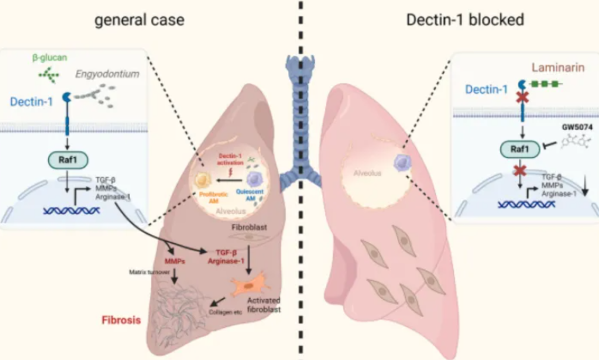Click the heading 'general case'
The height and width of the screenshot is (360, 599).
pos(140,20)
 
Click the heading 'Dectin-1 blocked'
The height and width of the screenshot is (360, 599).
pos(466,20)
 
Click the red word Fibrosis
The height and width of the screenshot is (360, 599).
pos(121,320)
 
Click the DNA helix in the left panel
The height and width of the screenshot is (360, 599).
pos(71,210)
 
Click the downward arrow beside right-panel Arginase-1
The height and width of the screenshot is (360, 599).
pos(585,188)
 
